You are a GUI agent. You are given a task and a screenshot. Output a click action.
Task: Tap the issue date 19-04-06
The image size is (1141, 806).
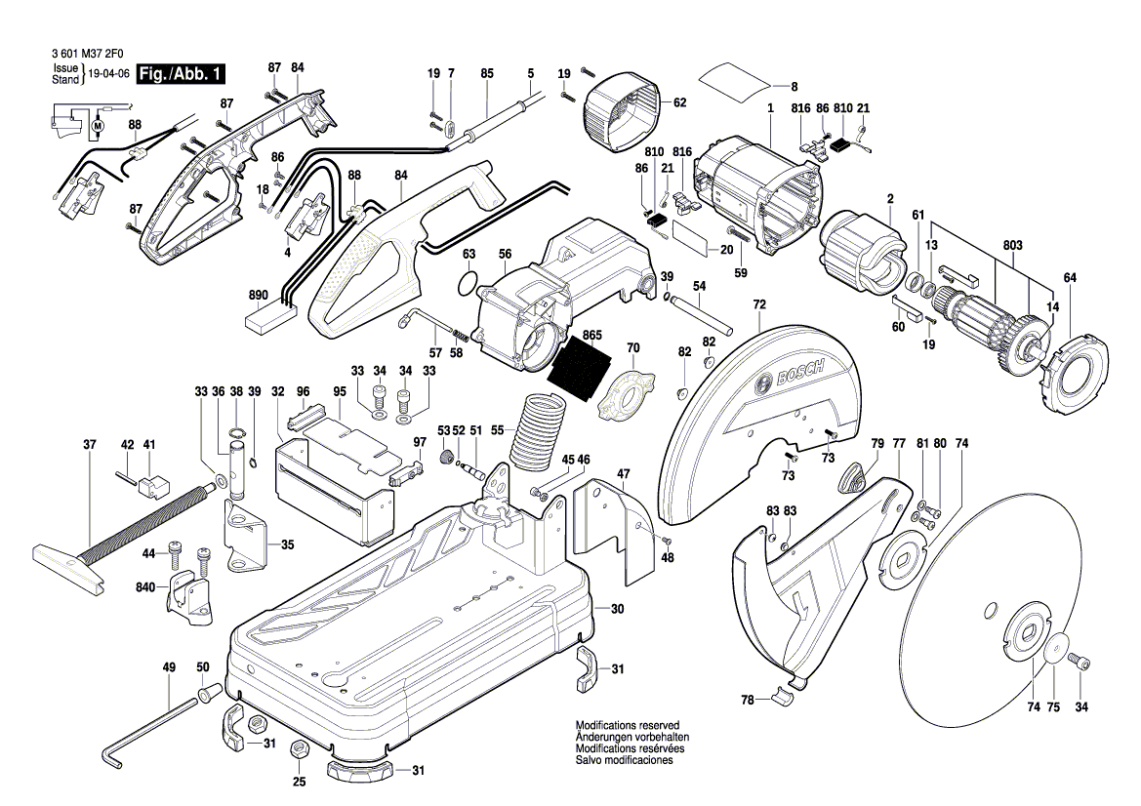point(108,75)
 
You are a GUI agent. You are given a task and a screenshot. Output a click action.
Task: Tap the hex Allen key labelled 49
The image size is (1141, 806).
point(146,726)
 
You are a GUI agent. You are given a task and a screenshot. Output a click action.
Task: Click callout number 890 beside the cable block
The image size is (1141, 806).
point(258,295)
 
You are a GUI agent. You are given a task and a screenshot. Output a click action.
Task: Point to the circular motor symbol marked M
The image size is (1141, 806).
point(97,125)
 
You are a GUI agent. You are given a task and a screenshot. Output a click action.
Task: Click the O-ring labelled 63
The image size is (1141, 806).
point(468,286)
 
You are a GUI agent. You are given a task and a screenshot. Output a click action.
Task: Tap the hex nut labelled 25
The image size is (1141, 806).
point(301,750)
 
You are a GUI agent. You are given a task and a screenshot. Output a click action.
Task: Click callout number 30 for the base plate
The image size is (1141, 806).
point(616,609)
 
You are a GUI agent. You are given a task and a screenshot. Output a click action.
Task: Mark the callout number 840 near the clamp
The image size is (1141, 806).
point(146,589)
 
